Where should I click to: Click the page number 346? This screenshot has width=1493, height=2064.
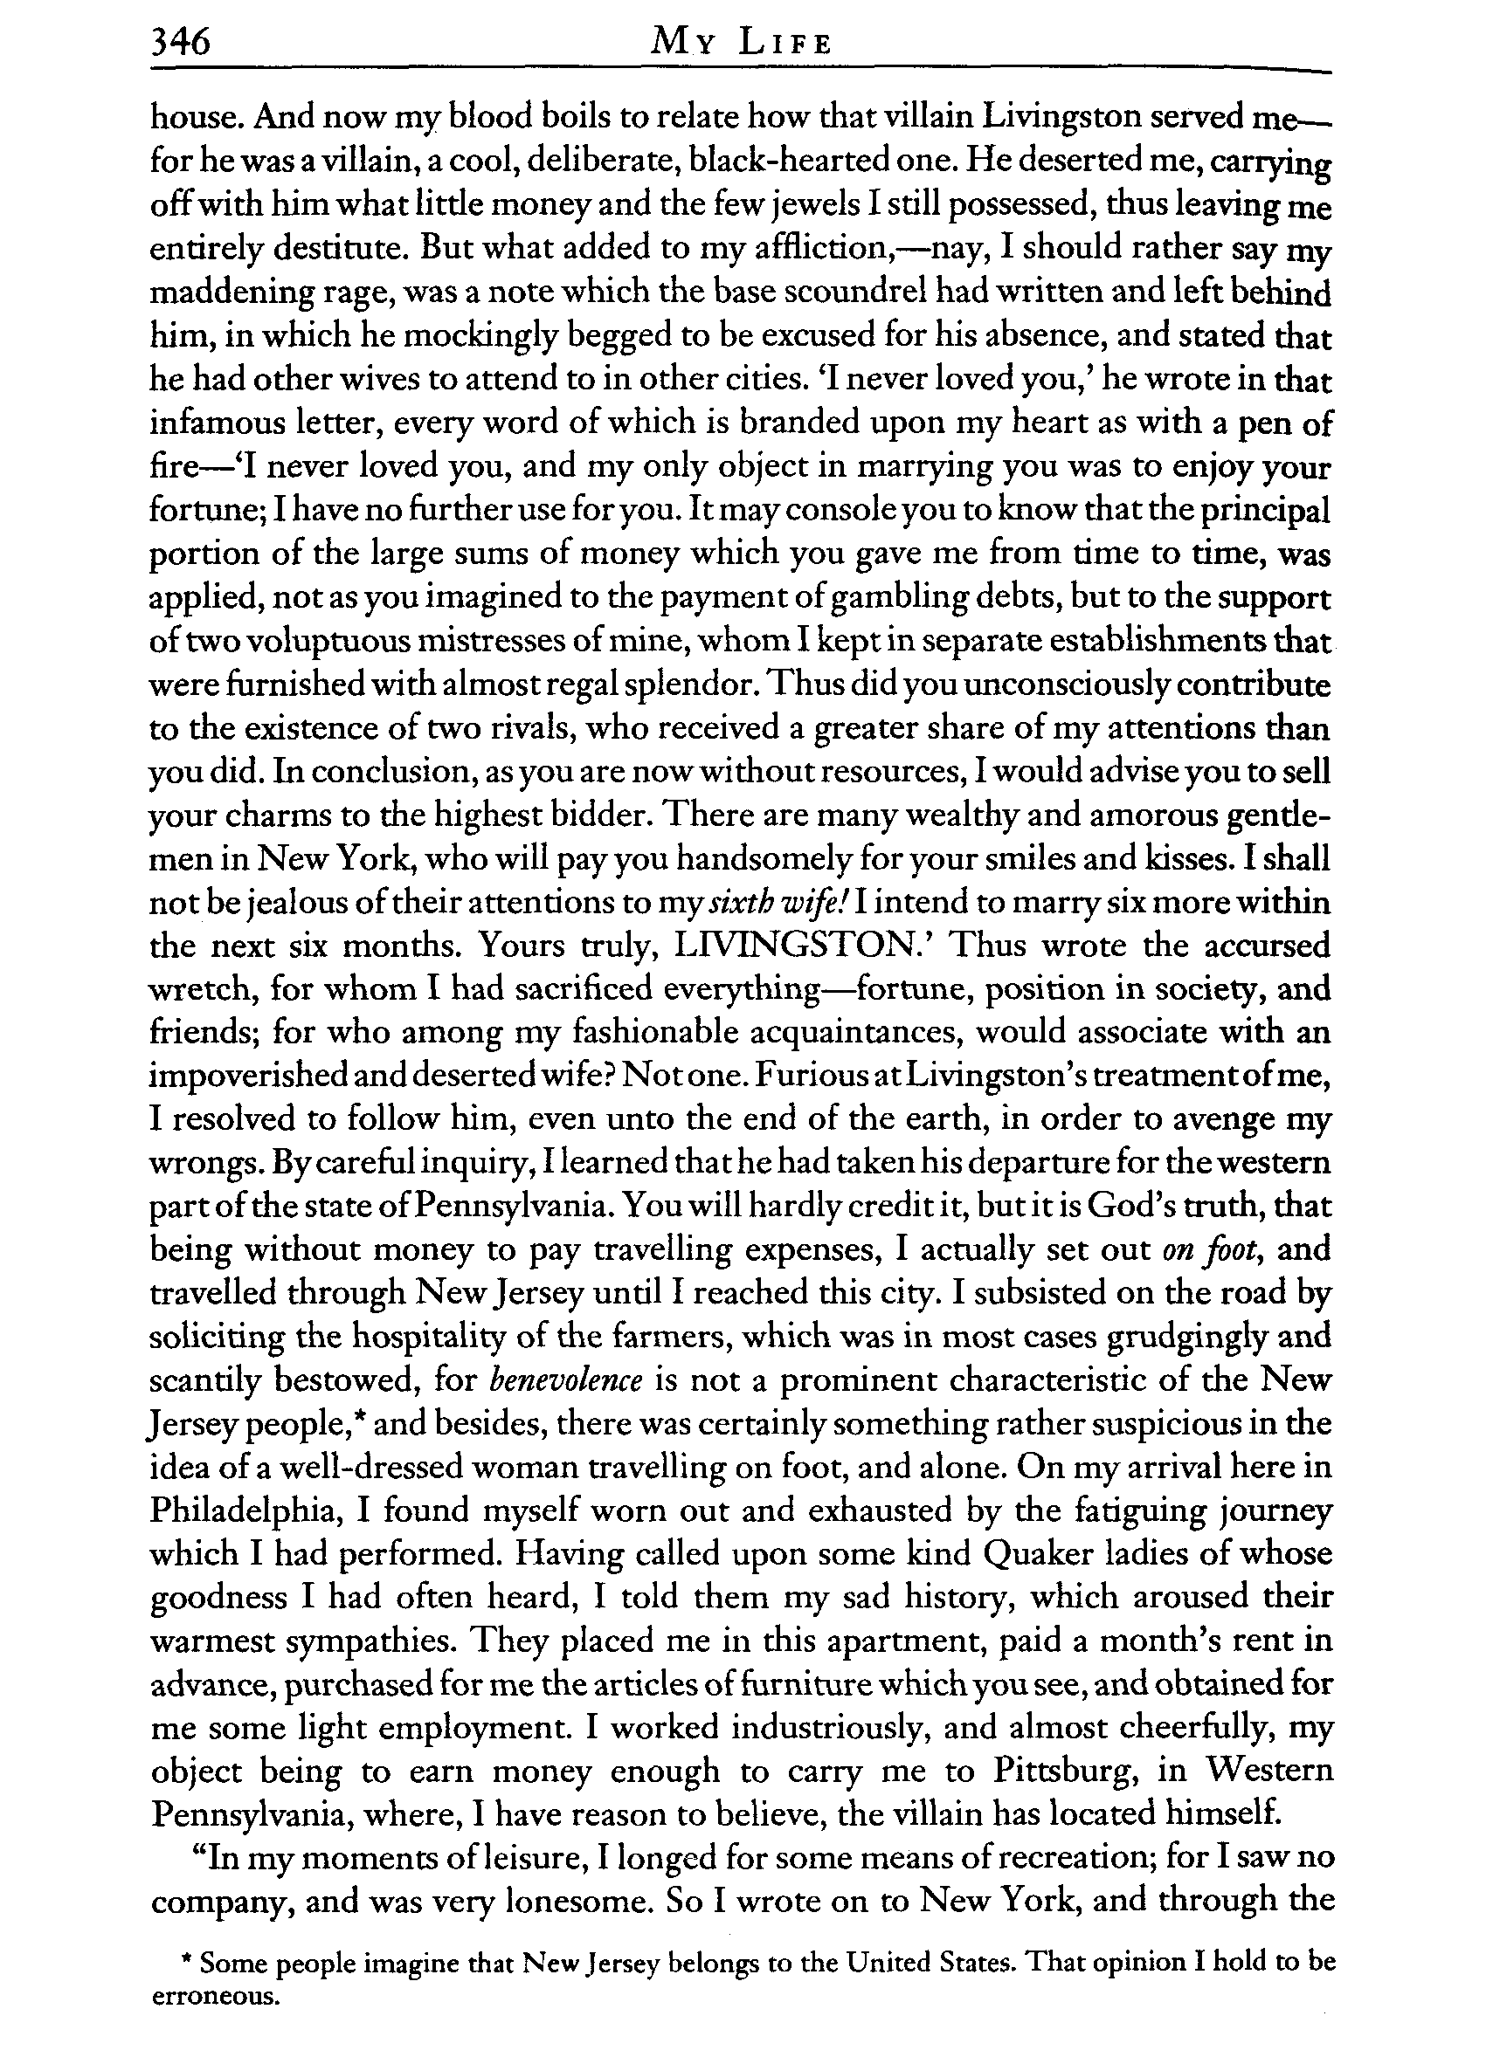point(180,42)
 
